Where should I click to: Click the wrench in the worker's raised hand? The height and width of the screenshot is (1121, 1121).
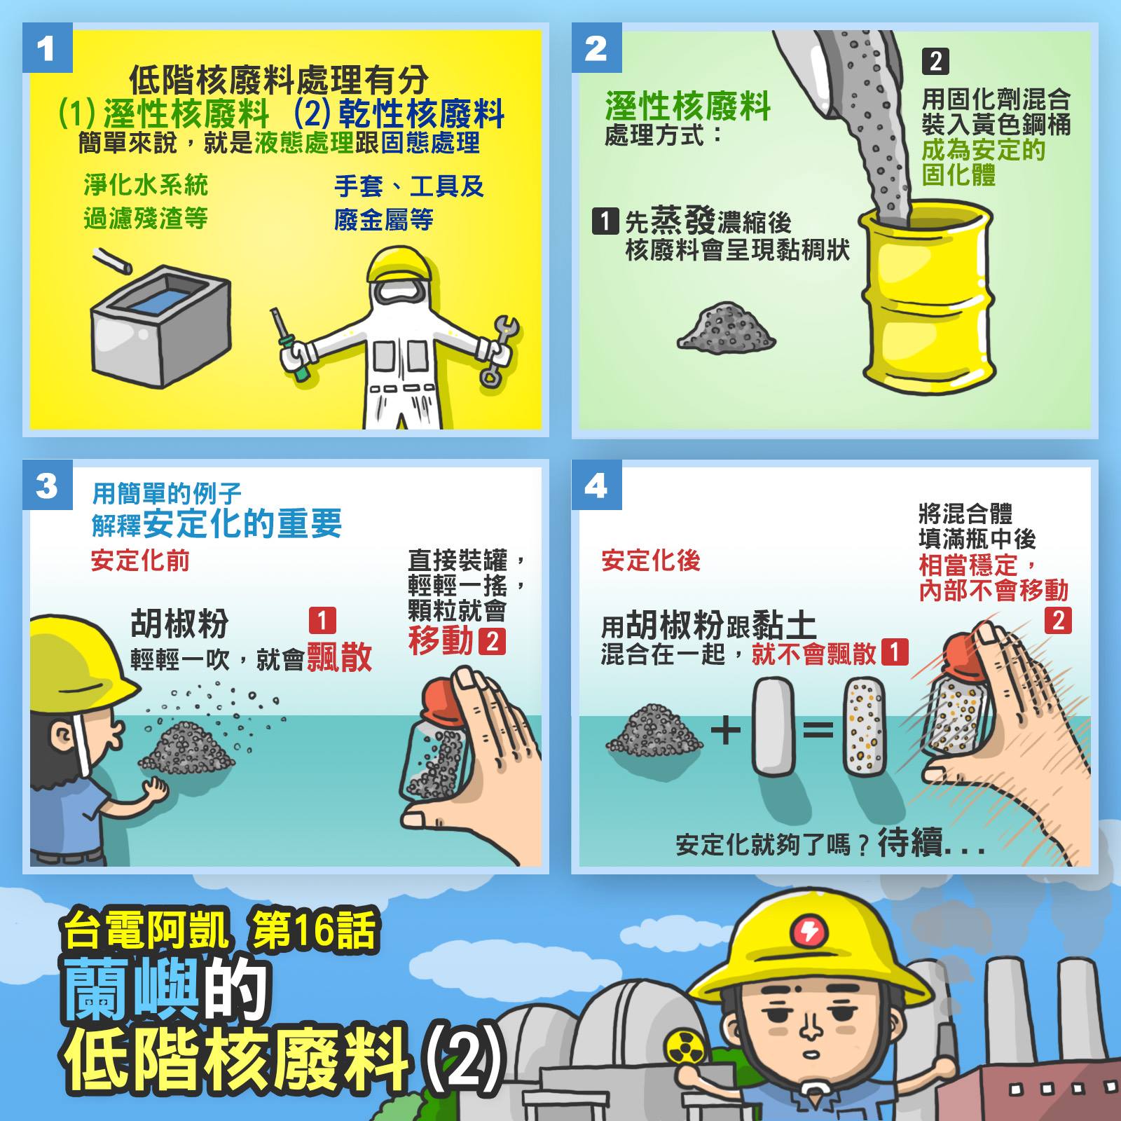tap(499, 350)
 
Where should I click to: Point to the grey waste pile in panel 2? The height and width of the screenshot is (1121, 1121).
tap(725, 327)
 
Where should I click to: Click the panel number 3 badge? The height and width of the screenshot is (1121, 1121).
tap(47, 484)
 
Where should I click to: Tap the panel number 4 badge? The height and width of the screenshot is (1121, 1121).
tap(596, 484)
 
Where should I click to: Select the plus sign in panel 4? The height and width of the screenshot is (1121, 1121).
tap(726, 731)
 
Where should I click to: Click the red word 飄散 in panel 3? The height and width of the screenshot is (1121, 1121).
tap(339, 656)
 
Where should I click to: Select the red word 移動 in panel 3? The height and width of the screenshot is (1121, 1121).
tap(441, 640)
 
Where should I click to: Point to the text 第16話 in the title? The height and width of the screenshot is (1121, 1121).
tap(314, 930)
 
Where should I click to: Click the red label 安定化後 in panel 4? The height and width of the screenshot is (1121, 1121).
tap(651, 560)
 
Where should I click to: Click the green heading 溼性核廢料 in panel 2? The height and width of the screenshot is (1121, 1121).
tap(688, 106)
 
